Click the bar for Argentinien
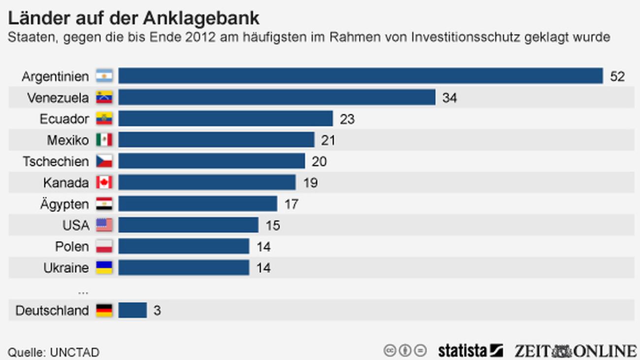click(360, 76)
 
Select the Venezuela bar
click(277, 97)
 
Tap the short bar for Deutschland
click(132, 310)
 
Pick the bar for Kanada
click(207, 182)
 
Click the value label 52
click(617, 76)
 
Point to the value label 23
click(347, 119)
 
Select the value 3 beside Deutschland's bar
click(157, 311)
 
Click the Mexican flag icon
click(104, 140)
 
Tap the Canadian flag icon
click(104, 182)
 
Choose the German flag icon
click(104, 310)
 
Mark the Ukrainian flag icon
click(104, 267)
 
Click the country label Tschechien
click(56, 162)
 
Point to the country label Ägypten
click(64, 204)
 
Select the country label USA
click(76, 225)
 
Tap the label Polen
click(72, 246)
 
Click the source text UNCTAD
click(74, 352)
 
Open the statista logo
click(470, 351)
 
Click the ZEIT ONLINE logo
click(575, 351)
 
